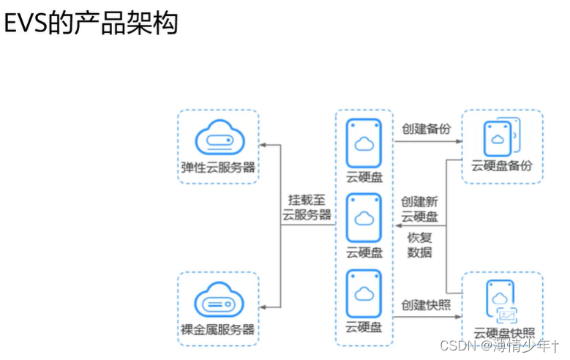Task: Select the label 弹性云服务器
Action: (x=218, y=167)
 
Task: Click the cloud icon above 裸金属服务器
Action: (x=218, y=300)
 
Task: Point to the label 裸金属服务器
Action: (x=218, y=329)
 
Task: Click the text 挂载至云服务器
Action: (x=307, y=208)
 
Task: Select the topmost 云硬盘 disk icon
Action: (x=364, y=143)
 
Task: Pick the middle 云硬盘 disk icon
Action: (x=364, y=218)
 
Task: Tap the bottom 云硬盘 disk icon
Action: (x=364, y=293)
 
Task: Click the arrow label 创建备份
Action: (x=426, y=129)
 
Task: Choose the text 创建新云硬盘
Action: (x=420, y=209)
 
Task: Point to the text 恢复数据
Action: (x=420, y=245)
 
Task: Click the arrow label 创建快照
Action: (x=426, y=304)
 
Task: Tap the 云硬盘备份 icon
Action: (x=501, y=138)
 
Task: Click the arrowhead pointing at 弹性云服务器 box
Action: (x=265, y=146)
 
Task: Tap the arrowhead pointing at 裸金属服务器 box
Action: (x=265, y=306)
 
